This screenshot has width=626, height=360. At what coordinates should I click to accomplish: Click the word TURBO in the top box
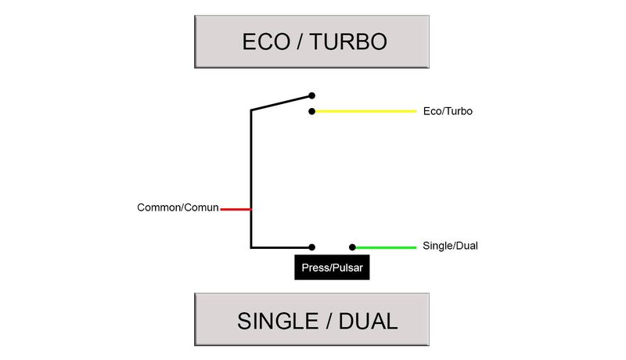pos(348,41)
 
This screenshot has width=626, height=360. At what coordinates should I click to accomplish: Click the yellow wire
pos(364,111)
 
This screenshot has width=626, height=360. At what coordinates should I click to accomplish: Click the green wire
pos(385,247)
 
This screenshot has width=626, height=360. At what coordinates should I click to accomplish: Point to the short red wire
pos(236,209)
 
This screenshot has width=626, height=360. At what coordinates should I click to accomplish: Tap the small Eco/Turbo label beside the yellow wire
pos(447,111)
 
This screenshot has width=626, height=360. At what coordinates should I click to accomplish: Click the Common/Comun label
pos(178,208)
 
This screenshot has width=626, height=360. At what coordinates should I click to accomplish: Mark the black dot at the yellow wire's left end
pos(311,111)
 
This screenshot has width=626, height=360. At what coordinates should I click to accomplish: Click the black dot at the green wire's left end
pos(353,247)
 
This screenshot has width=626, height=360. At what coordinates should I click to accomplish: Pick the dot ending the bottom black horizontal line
pos(311,247)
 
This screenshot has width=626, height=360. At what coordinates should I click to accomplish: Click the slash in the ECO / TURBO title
pos(299,41)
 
